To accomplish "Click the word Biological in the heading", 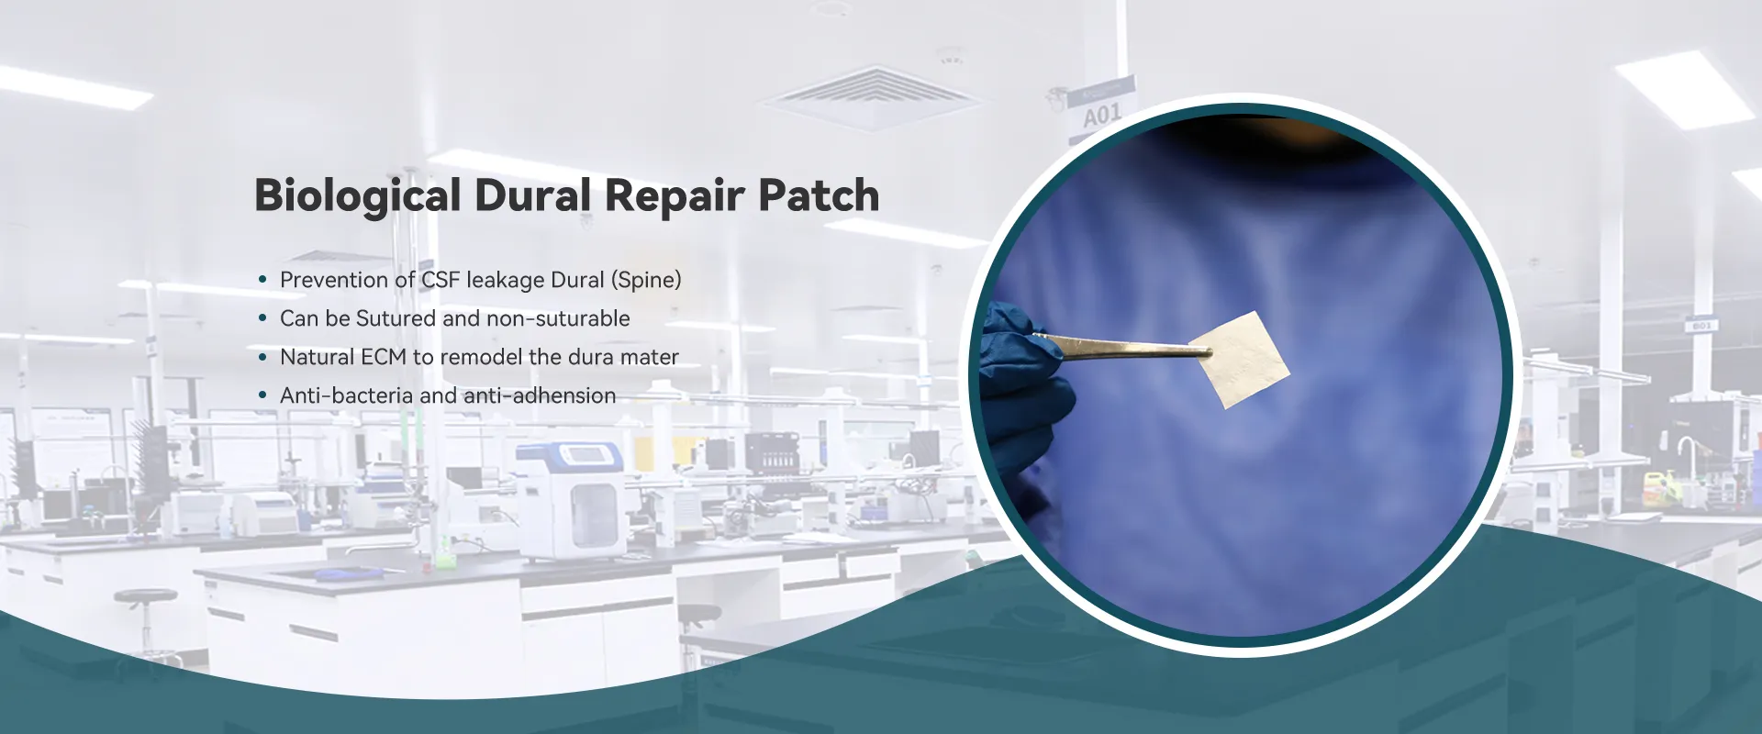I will pos(357,196).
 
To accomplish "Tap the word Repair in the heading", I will pos(674,196).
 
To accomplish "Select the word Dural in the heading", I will pos(532,196).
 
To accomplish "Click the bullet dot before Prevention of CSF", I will pos(262,280).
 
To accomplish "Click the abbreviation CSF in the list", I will pos(440,280).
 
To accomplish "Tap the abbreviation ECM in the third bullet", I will pos(384,357).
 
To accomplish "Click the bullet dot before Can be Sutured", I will pos(262,318).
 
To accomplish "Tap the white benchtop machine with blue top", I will pos(570,500).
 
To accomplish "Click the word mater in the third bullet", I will pos(653,357).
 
